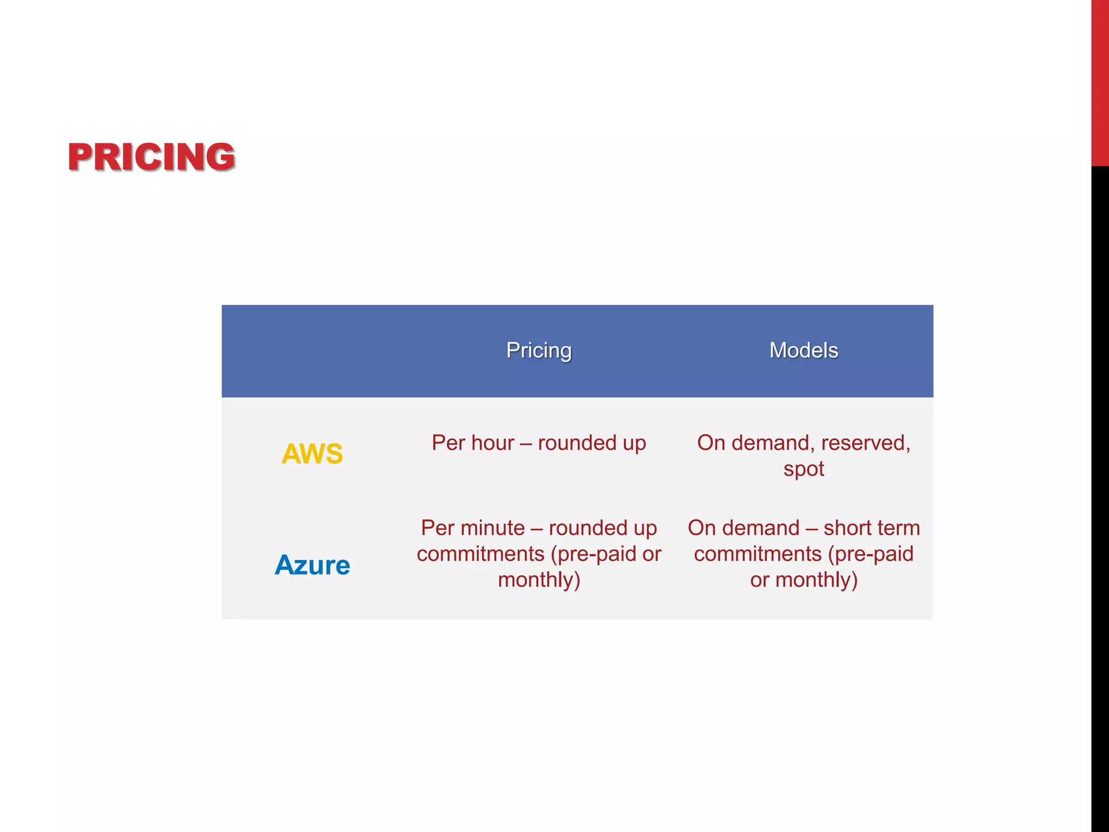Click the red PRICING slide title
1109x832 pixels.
tap(151, 157)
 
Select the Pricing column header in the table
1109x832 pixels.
tap(538, 350)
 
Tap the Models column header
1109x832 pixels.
tap(804, 350)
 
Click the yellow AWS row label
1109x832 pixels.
tap(312, 453)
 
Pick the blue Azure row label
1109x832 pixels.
tap(312, 565)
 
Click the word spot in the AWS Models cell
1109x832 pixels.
tap(804, 469)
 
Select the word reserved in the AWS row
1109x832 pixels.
tap(865, 443)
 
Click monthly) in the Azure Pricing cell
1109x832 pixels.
tap(539, 580)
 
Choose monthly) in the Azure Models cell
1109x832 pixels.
tap(816, 580)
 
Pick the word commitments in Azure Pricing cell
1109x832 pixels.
tap(480, 554)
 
